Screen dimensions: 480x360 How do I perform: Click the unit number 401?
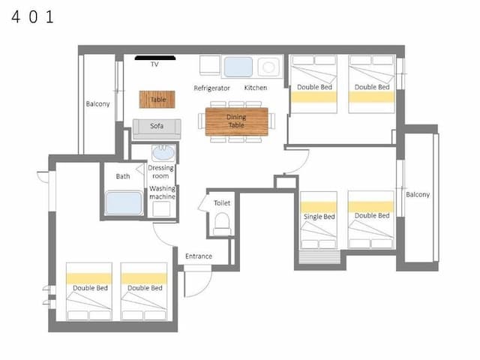[x=33, y=16]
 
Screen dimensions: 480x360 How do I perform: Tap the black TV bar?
[x=155, y=58]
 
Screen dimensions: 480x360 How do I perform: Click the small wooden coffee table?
[x=157, y=100]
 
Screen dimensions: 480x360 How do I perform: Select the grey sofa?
[x=157, y=129]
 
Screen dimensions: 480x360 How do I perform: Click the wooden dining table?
[x=237, y=121]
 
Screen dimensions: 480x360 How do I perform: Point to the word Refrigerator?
[x=211, y=88]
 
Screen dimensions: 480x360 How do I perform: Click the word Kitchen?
[x=256, y=88]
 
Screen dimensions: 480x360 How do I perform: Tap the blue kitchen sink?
[x=238, y=67]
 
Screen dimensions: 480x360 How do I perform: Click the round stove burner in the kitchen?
[x=268, y=67]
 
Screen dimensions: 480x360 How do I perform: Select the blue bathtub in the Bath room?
[x=124, y=203]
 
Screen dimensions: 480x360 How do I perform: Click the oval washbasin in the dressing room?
[x=163, y=153]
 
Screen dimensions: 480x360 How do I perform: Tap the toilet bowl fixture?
[x=222, y=223]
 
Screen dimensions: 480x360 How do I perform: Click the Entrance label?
[x=199, y=256]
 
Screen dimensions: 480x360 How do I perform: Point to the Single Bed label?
[x=319, y=217]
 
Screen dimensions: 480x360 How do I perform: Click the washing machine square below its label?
[x=161, y=209]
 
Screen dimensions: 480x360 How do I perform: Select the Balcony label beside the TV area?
[x=97, y=104]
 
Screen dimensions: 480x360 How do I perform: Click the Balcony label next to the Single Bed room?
[x=418, y=195]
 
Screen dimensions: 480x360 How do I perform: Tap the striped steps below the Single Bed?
[x=319, y=257]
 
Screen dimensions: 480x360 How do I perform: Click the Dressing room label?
[x=160, y=172]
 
